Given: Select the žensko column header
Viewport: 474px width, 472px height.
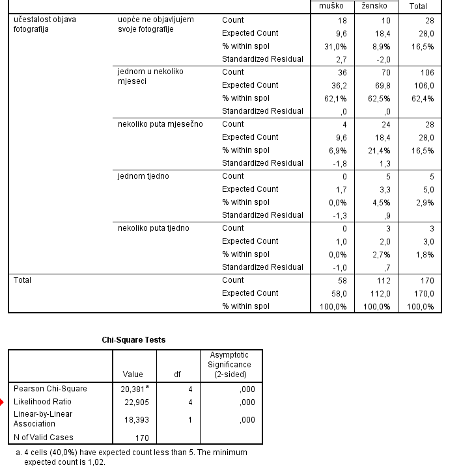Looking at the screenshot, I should [374, 6].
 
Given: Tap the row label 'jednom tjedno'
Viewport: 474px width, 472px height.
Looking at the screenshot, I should [143, 176].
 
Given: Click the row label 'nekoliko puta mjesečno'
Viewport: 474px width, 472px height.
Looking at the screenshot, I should [160, 124].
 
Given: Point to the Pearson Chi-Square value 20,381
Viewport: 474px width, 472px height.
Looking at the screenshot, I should [133, 389].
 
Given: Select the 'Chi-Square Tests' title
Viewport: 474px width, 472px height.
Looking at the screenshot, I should [133, 340].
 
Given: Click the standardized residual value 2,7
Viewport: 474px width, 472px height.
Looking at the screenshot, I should [342, 59].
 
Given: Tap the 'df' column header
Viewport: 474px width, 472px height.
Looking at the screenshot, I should [177, 374].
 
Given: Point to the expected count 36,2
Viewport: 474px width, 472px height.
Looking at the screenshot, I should [339, 85].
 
